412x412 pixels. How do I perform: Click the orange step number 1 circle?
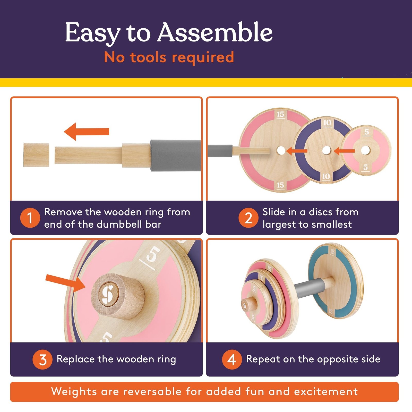tap(30, 218)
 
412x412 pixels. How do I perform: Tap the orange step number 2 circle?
tap(248, 218)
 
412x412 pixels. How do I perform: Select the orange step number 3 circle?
tap(42, 359)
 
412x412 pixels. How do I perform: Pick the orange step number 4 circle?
tap(232, 359)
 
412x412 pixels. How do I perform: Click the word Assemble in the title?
tap(215, 33)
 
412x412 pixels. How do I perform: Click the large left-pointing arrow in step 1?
tap(87, 132)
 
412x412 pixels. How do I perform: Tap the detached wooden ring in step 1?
tap(36, 155)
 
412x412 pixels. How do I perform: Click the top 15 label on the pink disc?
tap(280, 115)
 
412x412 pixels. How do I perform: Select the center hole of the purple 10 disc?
tap(327, 150)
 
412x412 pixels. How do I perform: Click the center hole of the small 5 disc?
tap(365, 150)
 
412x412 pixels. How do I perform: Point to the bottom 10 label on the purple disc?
tap(326, 177)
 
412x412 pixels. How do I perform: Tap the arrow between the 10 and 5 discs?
tap(344, 151)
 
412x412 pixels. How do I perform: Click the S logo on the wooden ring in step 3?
tap(107, 294)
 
